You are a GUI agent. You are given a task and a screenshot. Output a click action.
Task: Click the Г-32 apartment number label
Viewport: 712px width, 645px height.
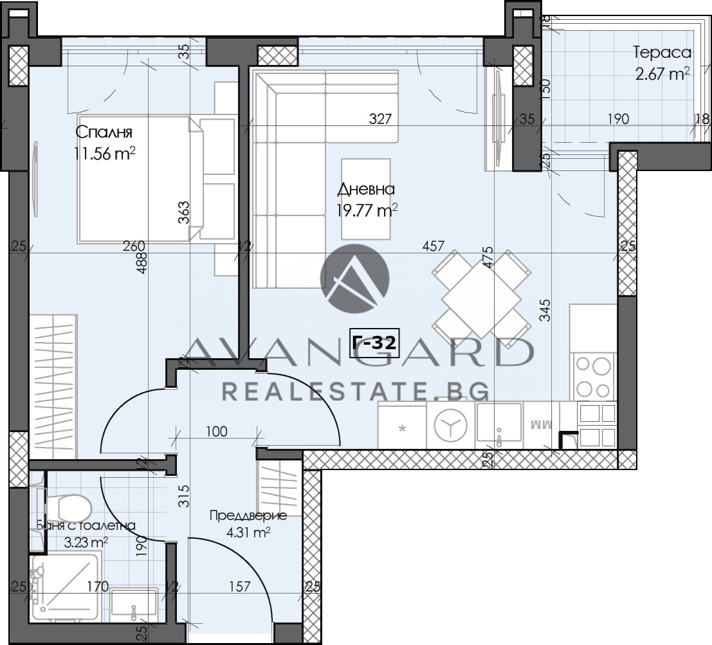coord(374,343)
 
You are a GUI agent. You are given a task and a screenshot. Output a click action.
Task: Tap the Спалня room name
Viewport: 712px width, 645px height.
coord(104,133)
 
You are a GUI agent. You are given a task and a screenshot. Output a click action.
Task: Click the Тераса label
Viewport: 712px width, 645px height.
coord(662,53)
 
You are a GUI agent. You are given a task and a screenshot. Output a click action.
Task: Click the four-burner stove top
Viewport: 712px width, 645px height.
coord(593,377)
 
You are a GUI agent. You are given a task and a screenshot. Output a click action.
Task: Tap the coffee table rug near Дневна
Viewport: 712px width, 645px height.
coord(365,199)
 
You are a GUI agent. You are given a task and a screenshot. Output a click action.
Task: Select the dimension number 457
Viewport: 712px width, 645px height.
coord(434,246)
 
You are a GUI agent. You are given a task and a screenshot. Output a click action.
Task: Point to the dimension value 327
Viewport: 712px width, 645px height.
coord(380,118)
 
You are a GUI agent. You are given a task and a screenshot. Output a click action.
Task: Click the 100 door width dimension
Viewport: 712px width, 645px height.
coord(217,432)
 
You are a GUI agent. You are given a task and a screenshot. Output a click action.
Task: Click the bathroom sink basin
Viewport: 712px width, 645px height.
coord(134,604)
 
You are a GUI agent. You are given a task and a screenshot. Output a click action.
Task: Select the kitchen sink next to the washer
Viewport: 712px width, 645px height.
coord(499,423)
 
